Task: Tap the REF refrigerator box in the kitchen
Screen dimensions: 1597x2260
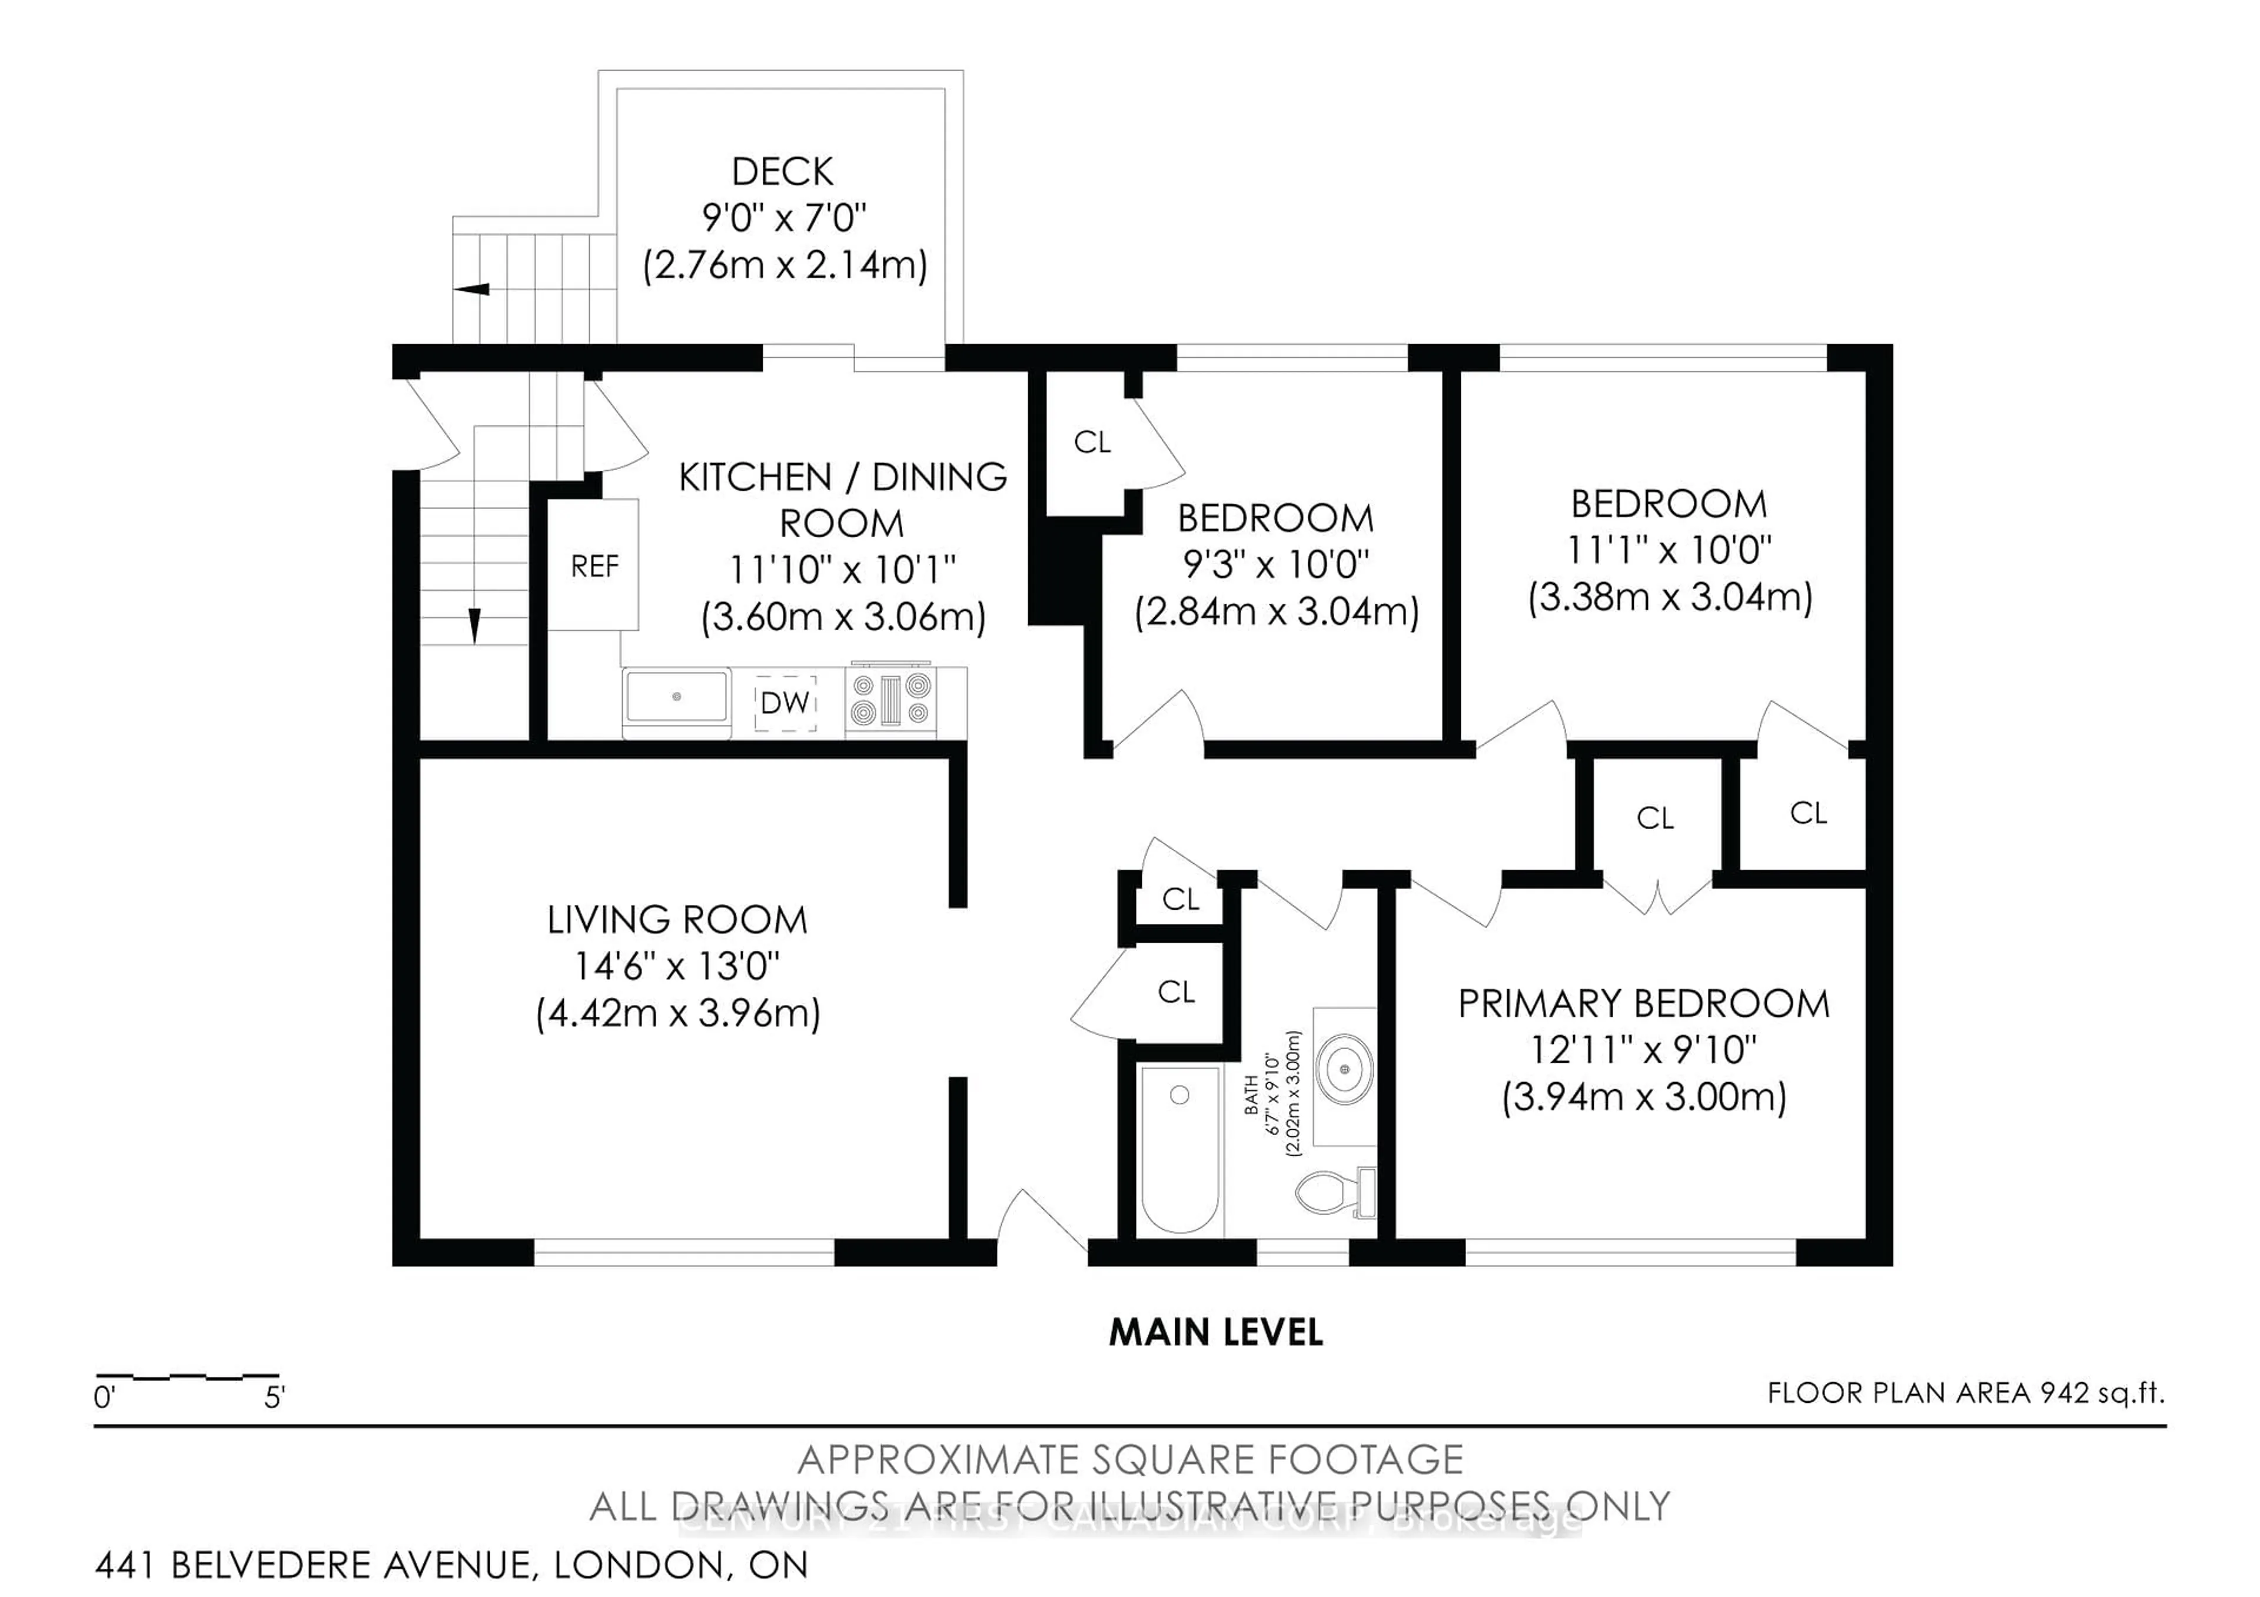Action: point(594,566)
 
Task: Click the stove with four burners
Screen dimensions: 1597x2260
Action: point(891,700)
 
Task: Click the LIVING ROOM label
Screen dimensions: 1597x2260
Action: point(677,920)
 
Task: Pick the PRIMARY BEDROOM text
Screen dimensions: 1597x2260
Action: point(1643,1004)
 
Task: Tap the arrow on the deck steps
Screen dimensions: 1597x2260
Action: point(471,290)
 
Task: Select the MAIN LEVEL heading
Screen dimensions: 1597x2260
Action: point(1216,1332)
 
